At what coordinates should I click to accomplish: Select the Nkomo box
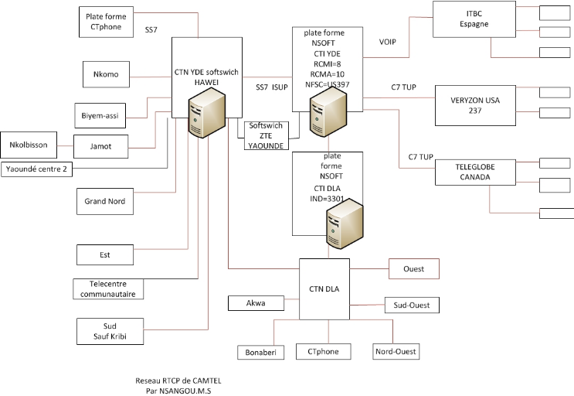(106, 74)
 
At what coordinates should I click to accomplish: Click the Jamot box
(100, 145)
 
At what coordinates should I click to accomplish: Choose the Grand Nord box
(105, 201)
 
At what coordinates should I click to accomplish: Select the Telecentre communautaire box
(109, 288)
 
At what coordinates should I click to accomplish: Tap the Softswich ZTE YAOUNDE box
(266, 135)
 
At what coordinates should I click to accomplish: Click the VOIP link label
(388, 42)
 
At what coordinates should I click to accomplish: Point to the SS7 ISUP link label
(272, 87)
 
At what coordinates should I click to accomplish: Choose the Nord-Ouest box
(395, 351)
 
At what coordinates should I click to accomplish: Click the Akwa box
(256, 303)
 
